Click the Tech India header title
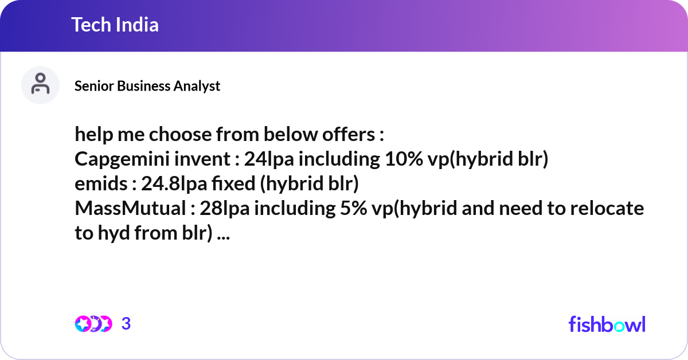(115, 25)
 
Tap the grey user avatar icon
(40, 85)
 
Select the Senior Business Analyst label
(147, 86)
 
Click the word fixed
(228, 185)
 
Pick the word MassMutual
(127, 209)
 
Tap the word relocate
(609, 209)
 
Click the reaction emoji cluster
(93, 324)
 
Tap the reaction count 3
(126, 324)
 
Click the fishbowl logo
(607, 324)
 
